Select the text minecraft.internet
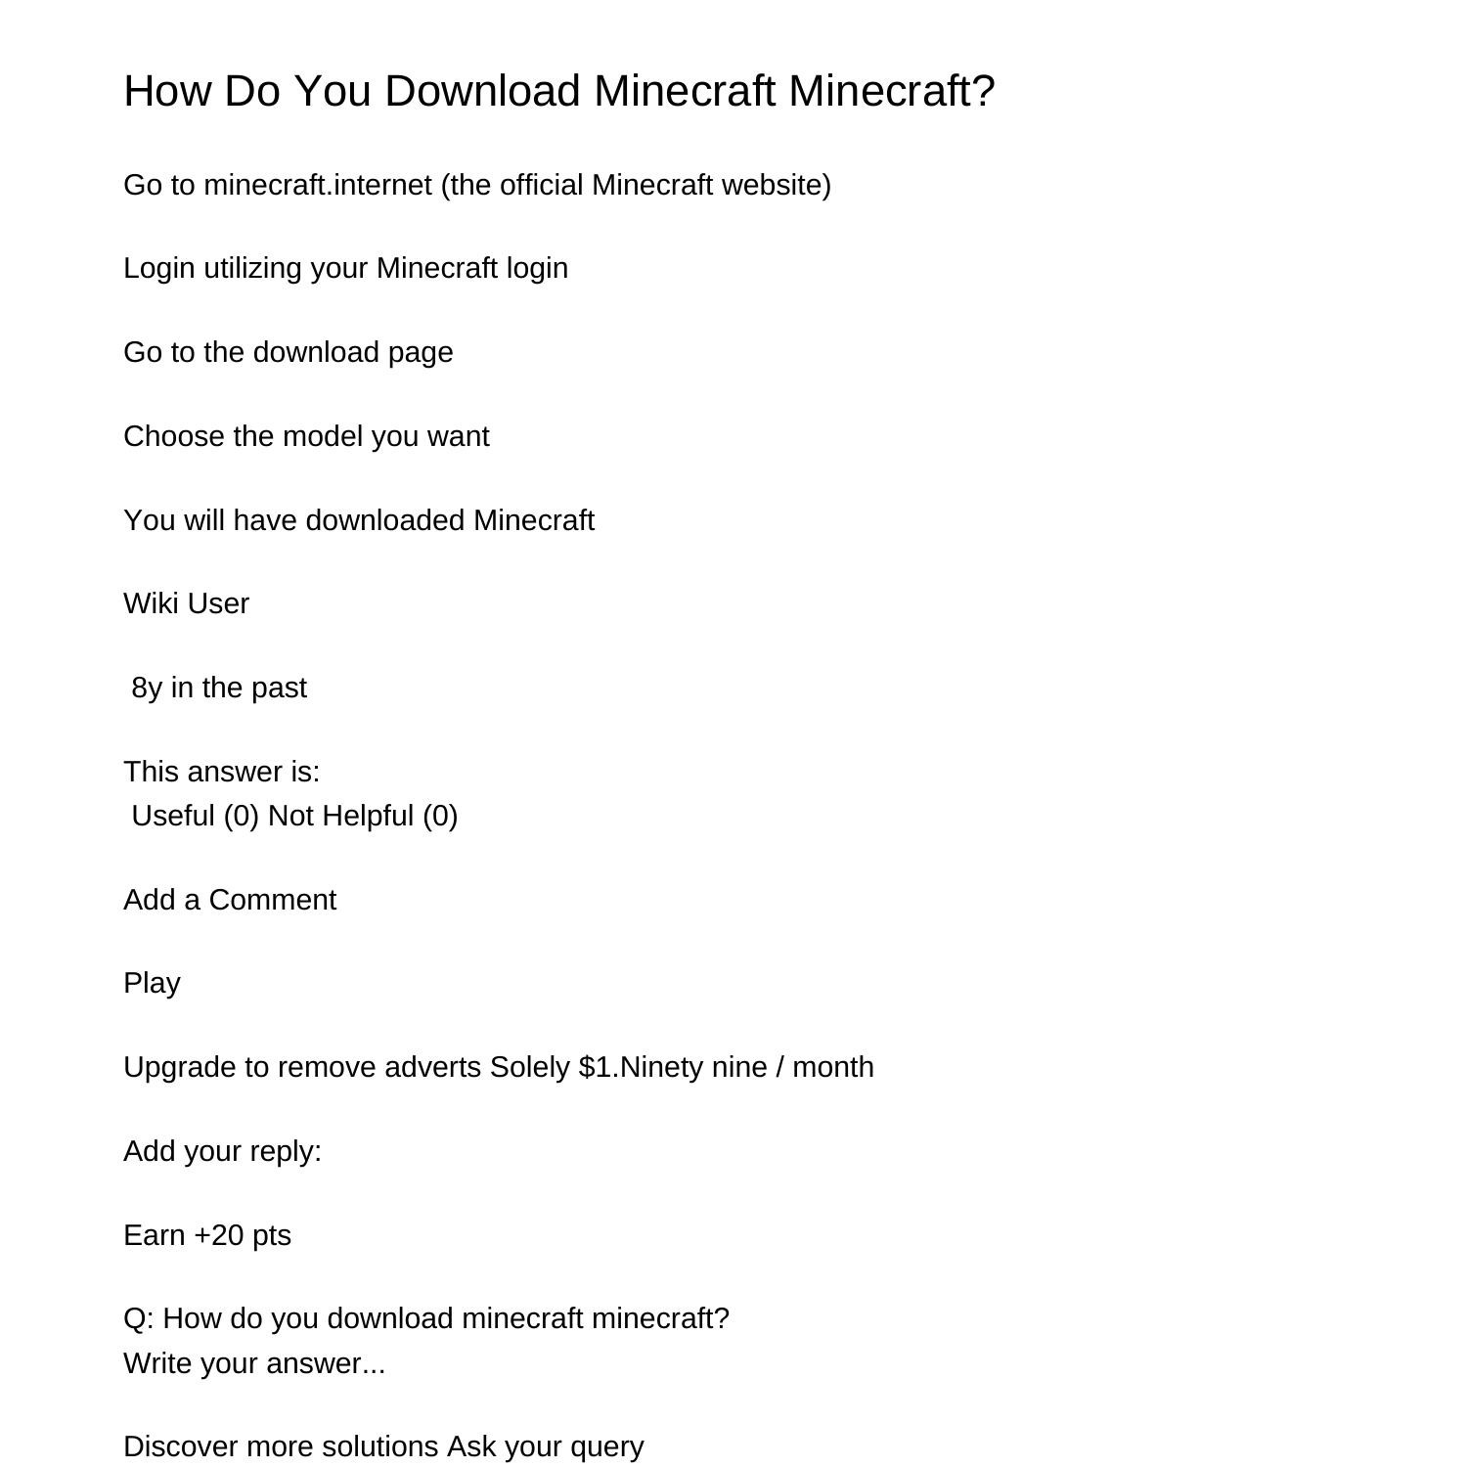point(317,185)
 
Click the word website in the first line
point(776,185)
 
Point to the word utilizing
point(252,268)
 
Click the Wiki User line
point(186,603)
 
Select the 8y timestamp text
point(147,688)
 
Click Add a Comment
point(230,900)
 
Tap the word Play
point(152,983)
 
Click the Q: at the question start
point(138,1318)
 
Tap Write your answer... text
point(254,1363)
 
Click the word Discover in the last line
point(181,1446)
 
